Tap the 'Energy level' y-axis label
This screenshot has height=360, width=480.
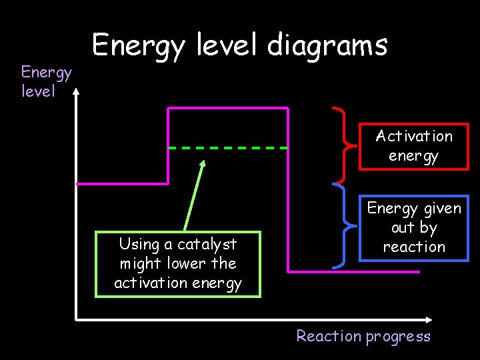(x=46, y=81)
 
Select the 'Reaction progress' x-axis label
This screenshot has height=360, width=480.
(x=363, y=336)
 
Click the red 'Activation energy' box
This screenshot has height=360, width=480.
(x=413, y=146)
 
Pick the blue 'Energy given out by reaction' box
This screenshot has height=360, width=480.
(x=413, y=227)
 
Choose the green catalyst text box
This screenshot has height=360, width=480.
(x=177, y=263)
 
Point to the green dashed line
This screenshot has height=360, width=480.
(x=227, y=147)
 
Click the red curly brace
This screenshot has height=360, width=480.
(x=340, y=144)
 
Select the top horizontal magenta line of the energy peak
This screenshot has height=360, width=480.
(x=227, y=107)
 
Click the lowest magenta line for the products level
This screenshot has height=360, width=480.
(x=353, y=272)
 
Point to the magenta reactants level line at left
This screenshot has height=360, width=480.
(x=122, y=183)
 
